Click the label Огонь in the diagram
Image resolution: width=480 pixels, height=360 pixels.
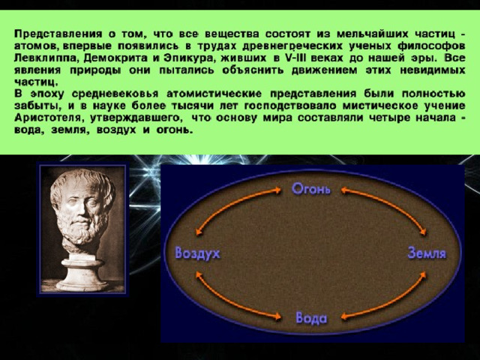[x=311, y=188]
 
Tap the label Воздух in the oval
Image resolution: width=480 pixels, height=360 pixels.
[x=197, y=253]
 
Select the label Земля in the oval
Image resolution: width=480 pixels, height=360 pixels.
[x=427, y=253]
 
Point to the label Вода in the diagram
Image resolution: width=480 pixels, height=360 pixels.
[x=311, y=318]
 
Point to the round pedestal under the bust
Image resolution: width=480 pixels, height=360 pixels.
[x=82, y=273]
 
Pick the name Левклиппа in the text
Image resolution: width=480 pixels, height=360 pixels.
[x=47, y=58]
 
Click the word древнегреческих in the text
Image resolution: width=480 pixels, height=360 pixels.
[x=293, y=46]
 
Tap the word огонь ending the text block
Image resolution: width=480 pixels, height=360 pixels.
[x=175, y=130]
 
